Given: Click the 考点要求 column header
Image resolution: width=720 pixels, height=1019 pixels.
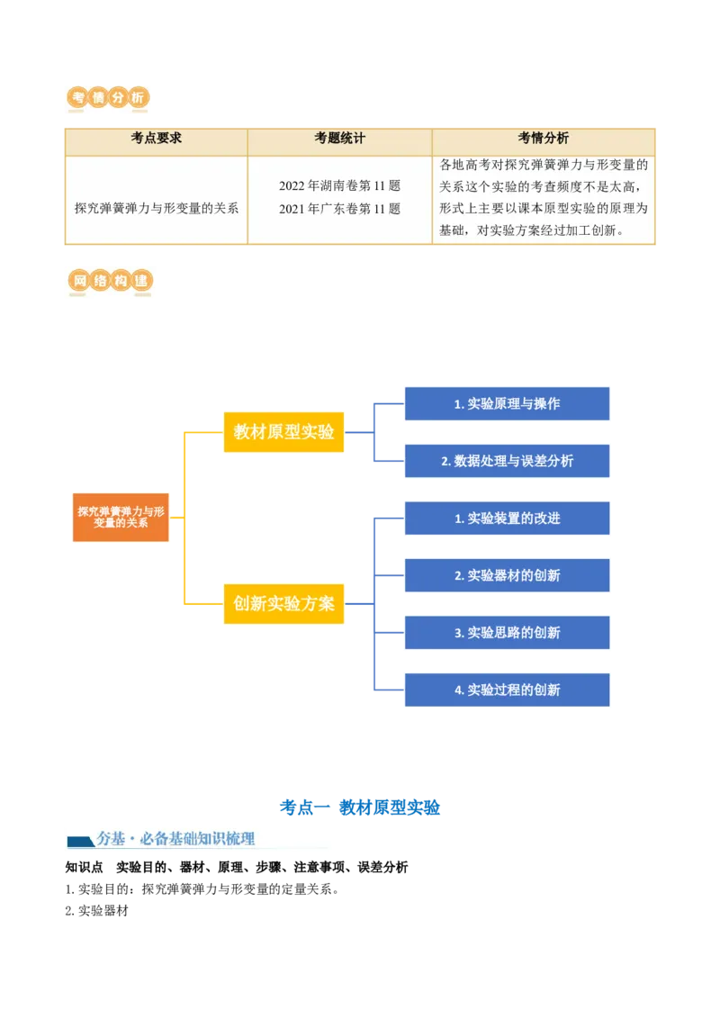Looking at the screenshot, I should (x=157, y=139).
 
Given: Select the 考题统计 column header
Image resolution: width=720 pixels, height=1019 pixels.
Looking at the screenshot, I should (x=339, y=139).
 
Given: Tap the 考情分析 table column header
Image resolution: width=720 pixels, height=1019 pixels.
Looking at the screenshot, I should (x=543, y=139).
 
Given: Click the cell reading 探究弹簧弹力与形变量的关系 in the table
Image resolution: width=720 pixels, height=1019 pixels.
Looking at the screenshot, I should (x=157, y=208).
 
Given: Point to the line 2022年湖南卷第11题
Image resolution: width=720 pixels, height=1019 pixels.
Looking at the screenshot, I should (x=339, y=186).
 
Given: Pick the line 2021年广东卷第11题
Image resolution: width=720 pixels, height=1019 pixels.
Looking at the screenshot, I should (x=339, y=209).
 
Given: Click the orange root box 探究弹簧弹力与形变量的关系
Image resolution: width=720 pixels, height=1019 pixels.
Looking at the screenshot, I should (x=121, y=517).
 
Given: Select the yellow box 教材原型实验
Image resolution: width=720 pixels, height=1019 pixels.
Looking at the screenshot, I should (x=283, y=431).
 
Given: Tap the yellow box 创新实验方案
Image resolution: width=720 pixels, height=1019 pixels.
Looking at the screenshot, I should (x=283, y=603).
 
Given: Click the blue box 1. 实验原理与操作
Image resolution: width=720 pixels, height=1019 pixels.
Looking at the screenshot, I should (x=507, y=403).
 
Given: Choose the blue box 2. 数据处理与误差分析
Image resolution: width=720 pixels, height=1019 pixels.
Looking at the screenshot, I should (x=507, y=461).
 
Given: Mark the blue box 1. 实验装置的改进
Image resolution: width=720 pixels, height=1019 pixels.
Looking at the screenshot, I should (x=507, y=519).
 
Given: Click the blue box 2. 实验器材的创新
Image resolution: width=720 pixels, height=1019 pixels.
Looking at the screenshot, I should (x=507, y=575).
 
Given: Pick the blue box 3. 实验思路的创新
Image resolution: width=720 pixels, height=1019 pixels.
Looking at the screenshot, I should (x=507, y=633).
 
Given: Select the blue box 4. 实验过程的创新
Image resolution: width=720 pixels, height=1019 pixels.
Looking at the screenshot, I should (x=507, y=690).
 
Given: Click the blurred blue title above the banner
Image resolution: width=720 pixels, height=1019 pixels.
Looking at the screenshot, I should (x=359, y=807).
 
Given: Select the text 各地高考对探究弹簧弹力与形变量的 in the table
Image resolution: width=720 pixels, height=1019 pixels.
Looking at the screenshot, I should (x=543, y=165).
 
